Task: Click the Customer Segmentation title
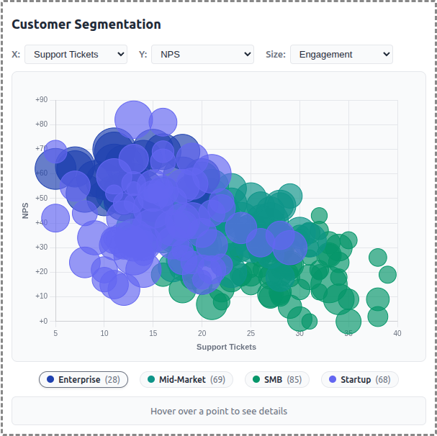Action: click(86, 24)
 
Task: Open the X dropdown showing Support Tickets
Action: click(76, 54)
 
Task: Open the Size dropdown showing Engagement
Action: click(341, 54)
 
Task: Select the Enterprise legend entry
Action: click(84, 379)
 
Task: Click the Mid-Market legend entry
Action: click(185, 379)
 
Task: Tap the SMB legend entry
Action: click(277, 379)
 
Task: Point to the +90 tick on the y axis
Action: click(41, 100)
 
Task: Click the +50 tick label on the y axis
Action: click(41, 198)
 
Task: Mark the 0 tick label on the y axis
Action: click(43, 321)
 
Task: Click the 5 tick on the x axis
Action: click(55, 333)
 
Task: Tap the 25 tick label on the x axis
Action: click(251, 333)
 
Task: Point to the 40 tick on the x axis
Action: click(397, 333)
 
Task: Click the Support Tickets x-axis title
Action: click(226, 347)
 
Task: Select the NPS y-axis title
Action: click(26, 210)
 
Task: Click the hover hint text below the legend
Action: click(219, 412)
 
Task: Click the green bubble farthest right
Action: click(387, 274)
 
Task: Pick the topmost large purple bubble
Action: click(133, 119)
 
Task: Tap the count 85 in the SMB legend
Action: click(294, 379)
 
